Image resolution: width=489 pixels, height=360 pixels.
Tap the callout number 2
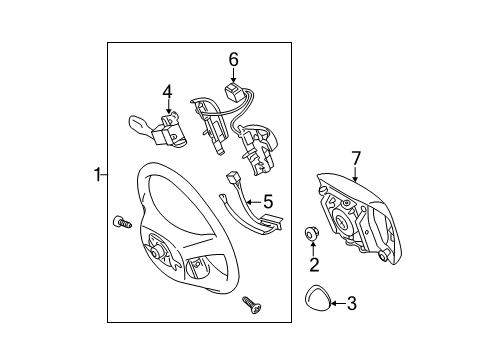pos(313,266)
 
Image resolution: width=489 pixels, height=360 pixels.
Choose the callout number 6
pos(233,61)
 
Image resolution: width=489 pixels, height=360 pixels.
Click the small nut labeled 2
pos(312,235)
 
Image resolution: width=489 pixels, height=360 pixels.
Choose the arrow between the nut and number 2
pos(313,251)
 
